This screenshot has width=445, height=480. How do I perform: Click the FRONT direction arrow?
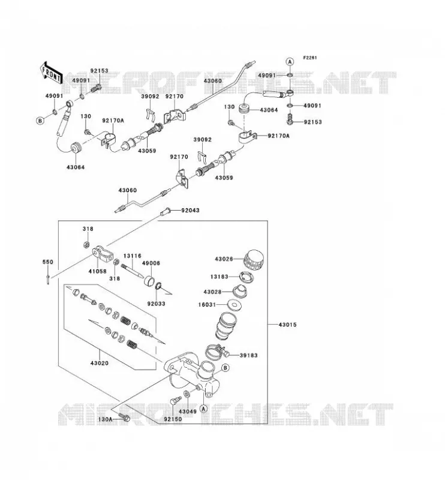tap(51, 73)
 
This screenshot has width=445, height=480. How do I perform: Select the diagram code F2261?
tap(310, 58)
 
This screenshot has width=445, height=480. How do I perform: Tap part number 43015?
tap(287, 325)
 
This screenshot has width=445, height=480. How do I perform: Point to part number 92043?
tap(190, 211)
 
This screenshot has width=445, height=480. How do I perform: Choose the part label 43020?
tap(99, 363)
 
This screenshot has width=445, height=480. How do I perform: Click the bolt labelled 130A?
tap(124, 416)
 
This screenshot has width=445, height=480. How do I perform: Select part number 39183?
tap(248, 355)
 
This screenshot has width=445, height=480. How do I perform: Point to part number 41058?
tap(97, 271)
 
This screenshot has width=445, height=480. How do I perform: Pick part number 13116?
tap(133, 256)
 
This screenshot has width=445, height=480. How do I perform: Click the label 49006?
tap(151, 263)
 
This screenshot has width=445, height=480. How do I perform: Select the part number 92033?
tap(156, 304)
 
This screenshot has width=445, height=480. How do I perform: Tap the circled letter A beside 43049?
tap(203, 409)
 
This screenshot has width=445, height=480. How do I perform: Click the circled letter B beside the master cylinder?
tap(225, 368)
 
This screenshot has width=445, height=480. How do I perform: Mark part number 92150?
tap(173, 419)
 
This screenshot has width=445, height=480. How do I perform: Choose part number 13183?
tap(219, 277)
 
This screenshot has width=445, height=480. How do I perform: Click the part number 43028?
tap(212, 292)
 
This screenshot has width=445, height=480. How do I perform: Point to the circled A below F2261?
tap(290, 62)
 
